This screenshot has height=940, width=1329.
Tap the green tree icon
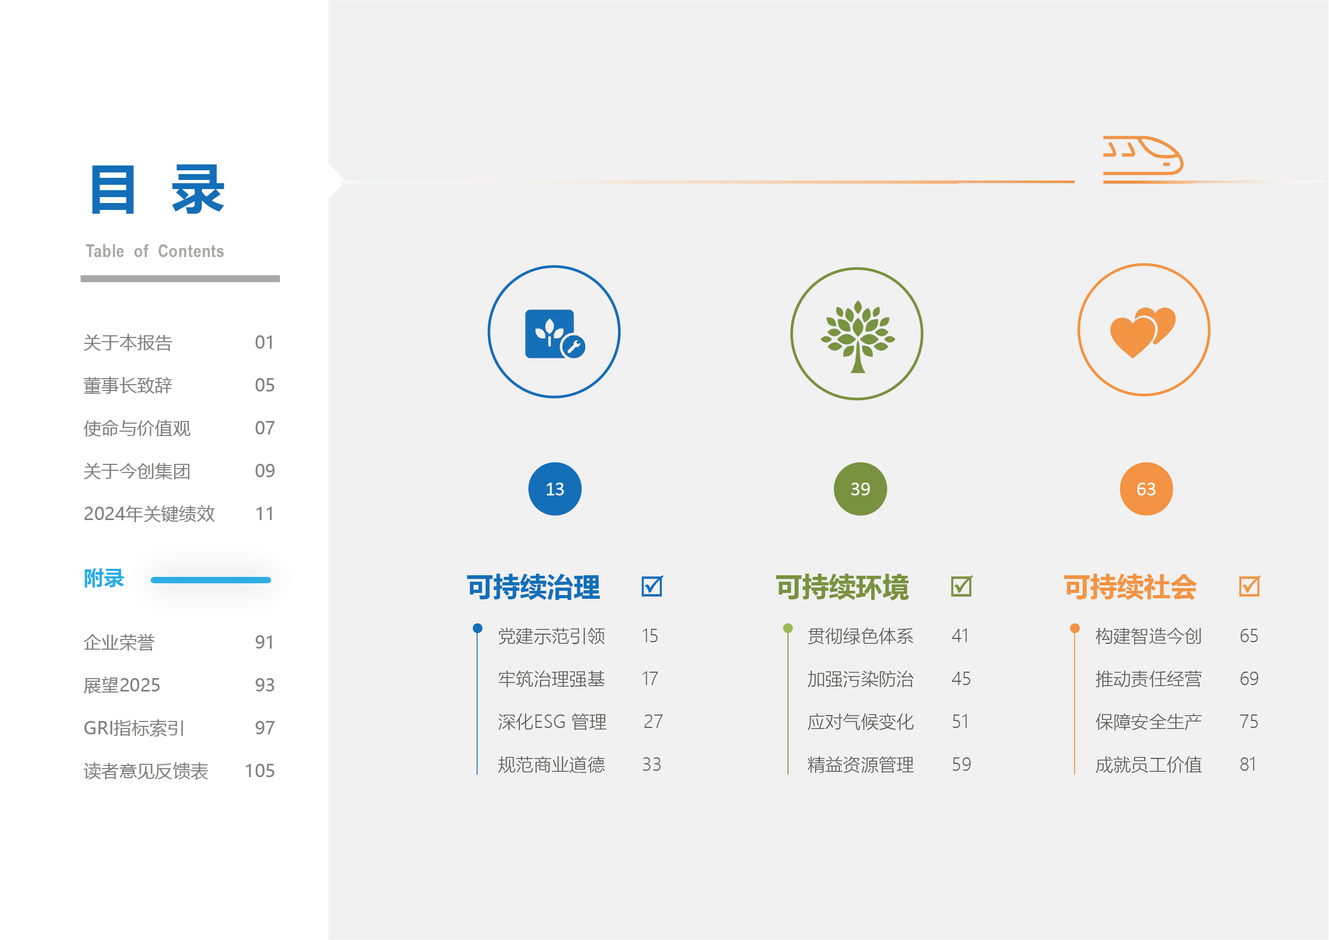coord(857,336)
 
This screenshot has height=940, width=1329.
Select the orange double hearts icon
coord(1143,332)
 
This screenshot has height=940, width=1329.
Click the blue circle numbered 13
coord(555,489)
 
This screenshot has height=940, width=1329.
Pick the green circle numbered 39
coord(860,489)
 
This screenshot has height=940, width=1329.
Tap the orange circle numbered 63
coord(1146,489)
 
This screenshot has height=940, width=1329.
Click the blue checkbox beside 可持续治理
coord(652,586)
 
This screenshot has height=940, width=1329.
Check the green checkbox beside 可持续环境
coord(962,586)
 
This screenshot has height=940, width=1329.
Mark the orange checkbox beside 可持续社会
coord(1249,586)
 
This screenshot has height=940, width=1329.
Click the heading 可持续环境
coord(842,586)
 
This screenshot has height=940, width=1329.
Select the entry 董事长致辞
coord(128,385)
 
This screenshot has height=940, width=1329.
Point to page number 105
coord(259,771)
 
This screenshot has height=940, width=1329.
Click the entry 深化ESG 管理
coord(552,721)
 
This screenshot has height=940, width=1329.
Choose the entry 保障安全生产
coord(1149,721)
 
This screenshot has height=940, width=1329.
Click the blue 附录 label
coord(104,578)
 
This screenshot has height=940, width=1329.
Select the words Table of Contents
coord(155,251)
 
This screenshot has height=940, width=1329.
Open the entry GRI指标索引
coord(134,728)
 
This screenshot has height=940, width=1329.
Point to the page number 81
coord(1248,764)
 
